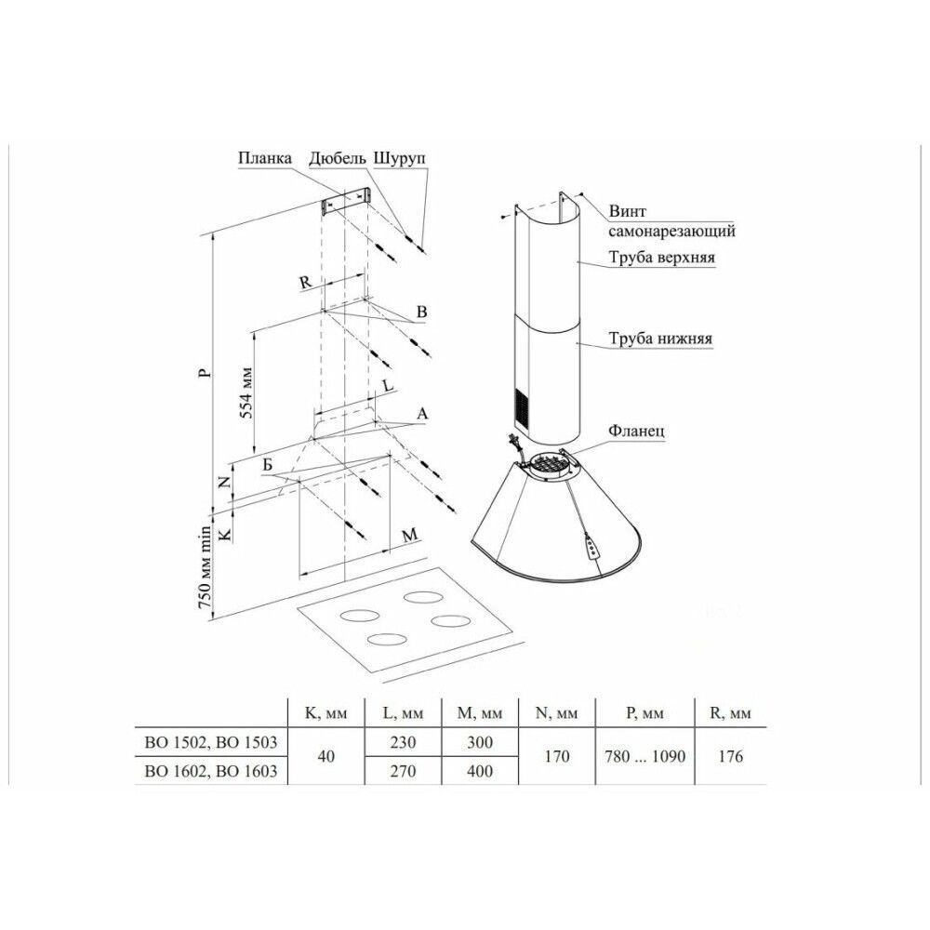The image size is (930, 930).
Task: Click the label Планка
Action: [265, 158]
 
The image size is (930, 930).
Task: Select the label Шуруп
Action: [400, 159]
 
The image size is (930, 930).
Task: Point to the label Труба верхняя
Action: [661, 258]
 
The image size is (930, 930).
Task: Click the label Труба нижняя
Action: [660, 339]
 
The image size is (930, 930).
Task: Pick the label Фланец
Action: [636, 431]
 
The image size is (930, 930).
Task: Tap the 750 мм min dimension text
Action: [205, 567]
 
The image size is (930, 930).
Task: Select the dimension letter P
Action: [204, 373]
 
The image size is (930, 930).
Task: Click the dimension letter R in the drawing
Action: [305, 283]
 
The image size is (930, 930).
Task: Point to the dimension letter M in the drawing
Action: [410, 536]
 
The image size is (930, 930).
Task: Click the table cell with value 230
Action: [403, 742]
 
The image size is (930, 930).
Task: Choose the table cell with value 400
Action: [480, 771]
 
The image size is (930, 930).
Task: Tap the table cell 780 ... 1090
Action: [644, 756]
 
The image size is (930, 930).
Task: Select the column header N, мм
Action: [556, 713]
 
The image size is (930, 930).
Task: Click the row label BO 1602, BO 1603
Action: [211, 771]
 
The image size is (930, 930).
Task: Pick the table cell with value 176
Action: [730, 756]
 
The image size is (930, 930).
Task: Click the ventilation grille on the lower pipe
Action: [520, 406]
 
